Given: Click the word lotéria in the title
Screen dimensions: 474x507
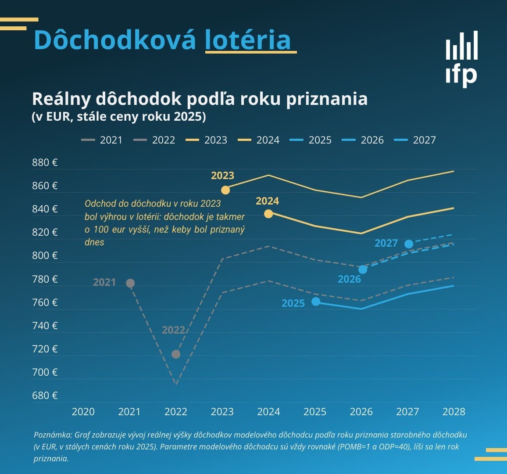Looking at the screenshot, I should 248,40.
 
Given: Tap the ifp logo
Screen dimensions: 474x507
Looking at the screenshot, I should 461,59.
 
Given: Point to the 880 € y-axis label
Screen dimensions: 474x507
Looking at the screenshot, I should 45,162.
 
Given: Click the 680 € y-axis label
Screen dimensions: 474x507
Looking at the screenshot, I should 45,395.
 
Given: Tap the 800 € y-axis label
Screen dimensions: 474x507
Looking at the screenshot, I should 45,255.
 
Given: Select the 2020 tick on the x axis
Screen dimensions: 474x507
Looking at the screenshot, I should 83,412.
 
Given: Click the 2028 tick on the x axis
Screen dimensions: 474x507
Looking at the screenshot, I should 453,412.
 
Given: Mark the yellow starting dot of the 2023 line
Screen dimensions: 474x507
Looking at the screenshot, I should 225,190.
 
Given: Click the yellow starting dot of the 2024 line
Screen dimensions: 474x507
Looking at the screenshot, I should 268,214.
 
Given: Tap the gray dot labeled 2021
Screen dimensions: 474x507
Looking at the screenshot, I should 130,284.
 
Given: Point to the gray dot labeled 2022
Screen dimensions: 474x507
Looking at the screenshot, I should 176,354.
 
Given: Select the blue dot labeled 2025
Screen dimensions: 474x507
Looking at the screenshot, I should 316,302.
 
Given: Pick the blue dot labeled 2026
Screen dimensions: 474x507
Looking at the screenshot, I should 363,269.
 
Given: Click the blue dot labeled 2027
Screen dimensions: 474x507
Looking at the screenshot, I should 409,244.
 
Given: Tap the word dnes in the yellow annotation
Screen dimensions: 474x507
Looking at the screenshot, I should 94,242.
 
